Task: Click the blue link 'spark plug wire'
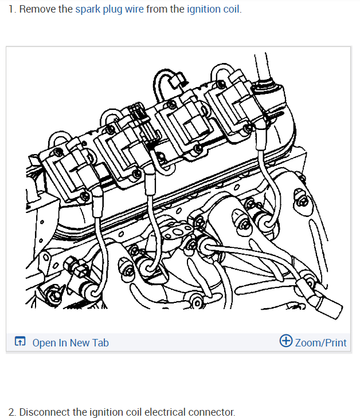[x=109, y=10]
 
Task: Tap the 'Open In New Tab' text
[x=70, y=342]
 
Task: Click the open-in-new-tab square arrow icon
[x=20, y=342]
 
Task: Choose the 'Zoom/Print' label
[x=320, y=342]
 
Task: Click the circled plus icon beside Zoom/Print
[x=285, y=341]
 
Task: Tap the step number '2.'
[x=12, y=412]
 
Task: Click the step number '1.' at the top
[x=12, y=10]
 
